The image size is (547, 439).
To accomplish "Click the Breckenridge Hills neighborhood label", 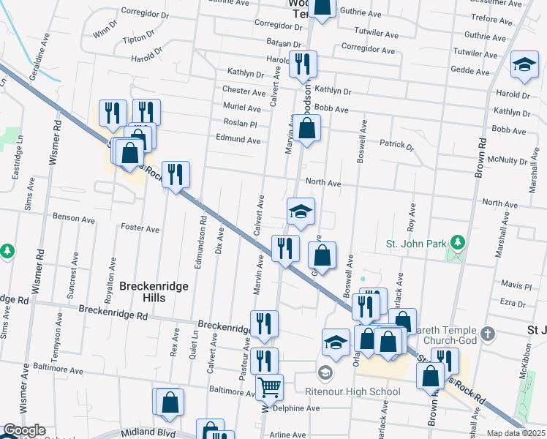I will coord(154,287).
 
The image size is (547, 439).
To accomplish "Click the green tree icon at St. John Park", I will coord(458,241).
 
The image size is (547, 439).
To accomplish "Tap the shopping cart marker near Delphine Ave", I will coord(269,386).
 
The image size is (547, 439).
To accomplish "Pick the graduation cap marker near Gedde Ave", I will coord(524,64).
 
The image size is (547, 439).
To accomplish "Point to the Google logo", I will coord(24,430).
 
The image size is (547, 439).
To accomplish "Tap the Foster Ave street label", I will coord(140,229).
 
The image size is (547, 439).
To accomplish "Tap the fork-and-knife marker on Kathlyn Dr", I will coord(302,64).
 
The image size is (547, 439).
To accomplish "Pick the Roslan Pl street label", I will coord(241,124).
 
